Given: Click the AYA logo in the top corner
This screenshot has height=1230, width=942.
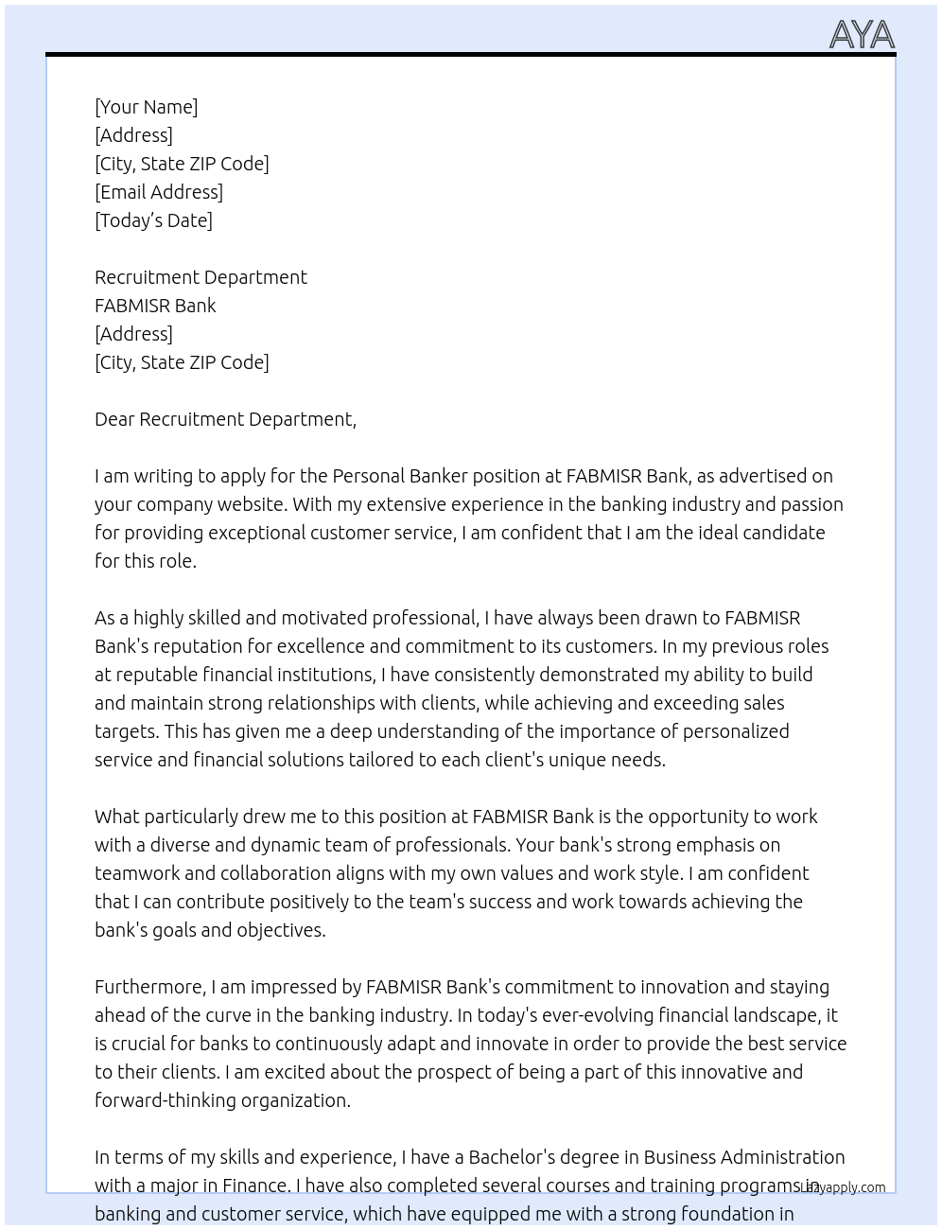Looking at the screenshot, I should point(862,35).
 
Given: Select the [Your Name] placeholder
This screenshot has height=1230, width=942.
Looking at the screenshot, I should point(146,107).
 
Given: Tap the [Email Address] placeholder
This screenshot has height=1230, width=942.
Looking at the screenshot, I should point(159,192).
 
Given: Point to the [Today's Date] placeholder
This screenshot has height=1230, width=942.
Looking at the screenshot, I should point(153,220).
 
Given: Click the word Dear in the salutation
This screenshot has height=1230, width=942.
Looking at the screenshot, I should point(114,419).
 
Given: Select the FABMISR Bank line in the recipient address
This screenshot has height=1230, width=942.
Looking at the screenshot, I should point(155,306).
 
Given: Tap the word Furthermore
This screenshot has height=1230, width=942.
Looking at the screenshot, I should point(149,987).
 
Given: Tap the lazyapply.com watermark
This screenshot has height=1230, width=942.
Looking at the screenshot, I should point(843,1187).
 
